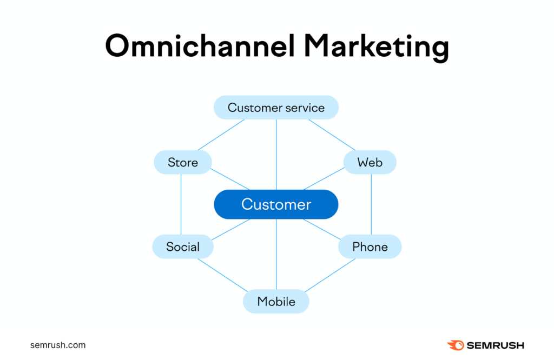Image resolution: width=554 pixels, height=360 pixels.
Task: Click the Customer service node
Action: [276, 108]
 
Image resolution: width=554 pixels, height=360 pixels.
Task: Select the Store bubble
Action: [183, 162]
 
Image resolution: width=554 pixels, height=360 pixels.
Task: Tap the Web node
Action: [370, 162]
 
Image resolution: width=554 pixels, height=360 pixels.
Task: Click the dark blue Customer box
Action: [276, 204]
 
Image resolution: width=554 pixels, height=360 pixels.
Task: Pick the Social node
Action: [183, 247]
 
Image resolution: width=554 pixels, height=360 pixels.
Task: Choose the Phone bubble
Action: [370, 247]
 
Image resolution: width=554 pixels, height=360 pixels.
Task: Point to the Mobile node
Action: [276, 301]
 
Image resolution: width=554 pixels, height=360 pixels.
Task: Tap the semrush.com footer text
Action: [58, 345]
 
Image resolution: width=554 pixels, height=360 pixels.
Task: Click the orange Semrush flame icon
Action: [455, 345]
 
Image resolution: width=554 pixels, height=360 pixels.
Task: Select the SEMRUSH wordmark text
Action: [494, 345]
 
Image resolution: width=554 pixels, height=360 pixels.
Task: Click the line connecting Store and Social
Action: [181, 204]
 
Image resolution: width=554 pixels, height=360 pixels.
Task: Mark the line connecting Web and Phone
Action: [371, 204]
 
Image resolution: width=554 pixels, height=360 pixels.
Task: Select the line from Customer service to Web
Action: [332, 135]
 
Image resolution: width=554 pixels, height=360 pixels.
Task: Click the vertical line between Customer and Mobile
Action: [276, 254]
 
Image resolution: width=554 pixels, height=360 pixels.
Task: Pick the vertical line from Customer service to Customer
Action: [276, 154]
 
